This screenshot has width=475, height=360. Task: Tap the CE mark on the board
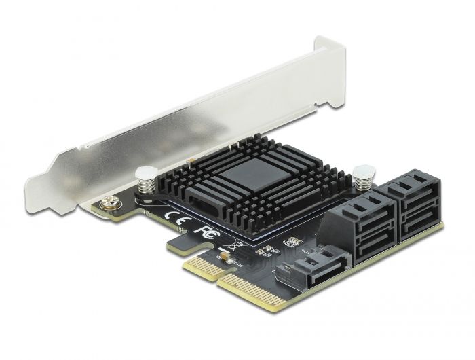point(173,219)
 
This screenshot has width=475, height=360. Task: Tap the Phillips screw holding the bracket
point(108,203)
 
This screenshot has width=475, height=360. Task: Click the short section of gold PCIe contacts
point(202,264)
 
